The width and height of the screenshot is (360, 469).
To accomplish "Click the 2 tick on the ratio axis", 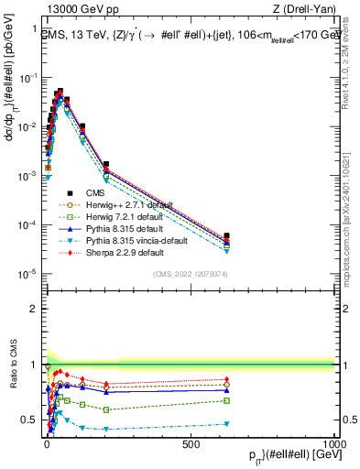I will point(34,309).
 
